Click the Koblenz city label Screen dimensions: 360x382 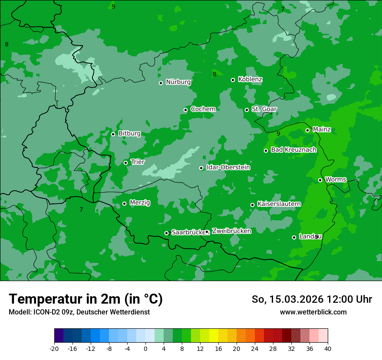pos(250,79)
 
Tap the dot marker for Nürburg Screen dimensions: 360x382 pos(161,83)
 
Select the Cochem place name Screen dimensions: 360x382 pos(203,109)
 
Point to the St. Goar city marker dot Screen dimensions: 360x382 pos(247,110)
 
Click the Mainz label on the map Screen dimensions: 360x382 pos(322,130)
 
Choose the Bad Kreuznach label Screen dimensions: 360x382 pos(293,150)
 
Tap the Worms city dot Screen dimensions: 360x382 pos(320,180)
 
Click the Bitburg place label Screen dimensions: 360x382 pos(129,134)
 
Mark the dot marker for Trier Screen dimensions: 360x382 pos(125,163)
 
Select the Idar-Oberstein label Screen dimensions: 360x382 pos(228,167)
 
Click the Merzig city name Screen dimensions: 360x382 pos(140,203)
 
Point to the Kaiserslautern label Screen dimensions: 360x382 pos(279,204)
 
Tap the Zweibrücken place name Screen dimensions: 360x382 pos(231,231)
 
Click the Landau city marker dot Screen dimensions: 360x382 pos(294,237)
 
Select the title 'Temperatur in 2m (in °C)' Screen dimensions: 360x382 pos(86,299)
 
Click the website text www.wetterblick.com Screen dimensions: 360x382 pos(313,312)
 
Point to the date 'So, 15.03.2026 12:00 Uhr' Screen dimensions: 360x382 pos(312,299)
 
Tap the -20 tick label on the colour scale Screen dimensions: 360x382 pos(54,349)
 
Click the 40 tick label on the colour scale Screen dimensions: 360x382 pos(328,349)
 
